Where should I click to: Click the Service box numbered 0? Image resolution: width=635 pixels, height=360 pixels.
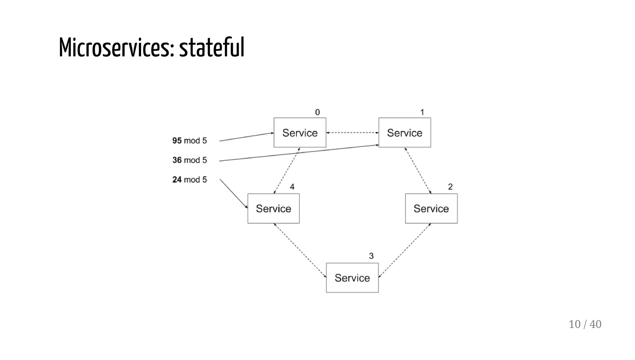point(300,132)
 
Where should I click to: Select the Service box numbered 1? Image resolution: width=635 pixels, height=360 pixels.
point(405,132)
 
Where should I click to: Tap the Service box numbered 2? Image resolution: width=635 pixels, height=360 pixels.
point(431,208)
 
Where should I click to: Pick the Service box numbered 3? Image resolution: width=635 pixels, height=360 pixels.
point(352,278)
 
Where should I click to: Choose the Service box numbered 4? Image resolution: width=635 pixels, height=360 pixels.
point(273,208)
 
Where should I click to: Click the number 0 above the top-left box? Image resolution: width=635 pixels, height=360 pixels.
point(317,112)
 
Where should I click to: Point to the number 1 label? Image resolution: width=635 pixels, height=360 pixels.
point(422,112)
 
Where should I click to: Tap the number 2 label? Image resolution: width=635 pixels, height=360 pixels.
point(450,187)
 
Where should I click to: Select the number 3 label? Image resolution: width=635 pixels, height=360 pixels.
point(371,256)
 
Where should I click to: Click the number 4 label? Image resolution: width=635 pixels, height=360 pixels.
point(292,187)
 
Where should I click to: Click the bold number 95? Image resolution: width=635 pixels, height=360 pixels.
point(177,140)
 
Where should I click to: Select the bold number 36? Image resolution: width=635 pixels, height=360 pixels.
point(177,160)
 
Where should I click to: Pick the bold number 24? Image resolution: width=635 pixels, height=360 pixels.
point(177,180)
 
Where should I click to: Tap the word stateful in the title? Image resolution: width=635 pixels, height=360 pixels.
point(212,47)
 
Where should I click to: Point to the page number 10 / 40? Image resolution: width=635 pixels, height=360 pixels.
point(585,324)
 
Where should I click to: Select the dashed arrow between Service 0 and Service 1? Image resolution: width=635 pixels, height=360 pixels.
point(352,133)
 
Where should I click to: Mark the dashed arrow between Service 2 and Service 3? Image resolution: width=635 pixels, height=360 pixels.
point(405,250)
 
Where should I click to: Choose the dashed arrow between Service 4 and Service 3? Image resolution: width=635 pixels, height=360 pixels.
point(300,250)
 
